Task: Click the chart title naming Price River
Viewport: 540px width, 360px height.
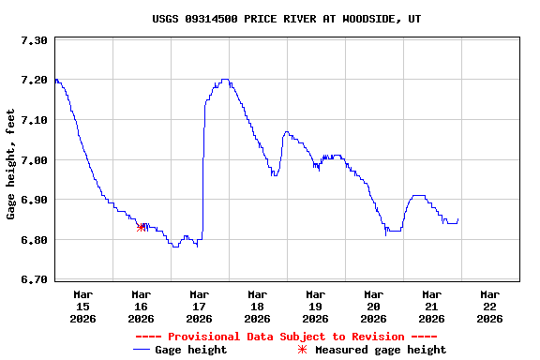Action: (286, 19)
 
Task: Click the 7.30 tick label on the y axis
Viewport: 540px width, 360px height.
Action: (33, 40)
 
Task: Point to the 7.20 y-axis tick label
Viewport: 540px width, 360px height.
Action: (33, 81)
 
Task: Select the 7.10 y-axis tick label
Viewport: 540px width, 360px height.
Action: (33, 120)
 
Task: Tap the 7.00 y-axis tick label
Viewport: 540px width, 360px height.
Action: (33, 160)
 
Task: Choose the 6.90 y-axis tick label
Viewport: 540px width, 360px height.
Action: (33, 201)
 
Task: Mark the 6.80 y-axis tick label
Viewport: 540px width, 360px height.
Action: (33, 240)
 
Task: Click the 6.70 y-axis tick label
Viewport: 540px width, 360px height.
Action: (33, 280)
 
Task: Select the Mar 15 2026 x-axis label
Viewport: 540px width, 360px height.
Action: (82, 307)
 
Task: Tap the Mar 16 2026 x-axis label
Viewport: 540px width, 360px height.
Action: (141, 307)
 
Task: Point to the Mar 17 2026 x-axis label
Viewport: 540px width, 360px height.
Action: (199, 307)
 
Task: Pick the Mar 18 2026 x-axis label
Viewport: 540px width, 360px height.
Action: (257, 307)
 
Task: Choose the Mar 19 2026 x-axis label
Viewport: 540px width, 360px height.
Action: (315, 307)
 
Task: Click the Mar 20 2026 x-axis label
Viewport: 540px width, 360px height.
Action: (373, 307)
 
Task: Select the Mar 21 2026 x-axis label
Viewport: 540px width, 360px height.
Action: (431, 307)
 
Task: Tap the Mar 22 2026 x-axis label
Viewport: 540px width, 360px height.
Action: (489, 307)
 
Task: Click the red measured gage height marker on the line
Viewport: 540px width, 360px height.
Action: (141, 227)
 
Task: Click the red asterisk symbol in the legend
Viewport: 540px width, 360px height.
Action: (302, 350)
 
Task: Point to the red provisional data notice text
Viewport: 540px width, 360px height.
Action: (286, 337)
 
